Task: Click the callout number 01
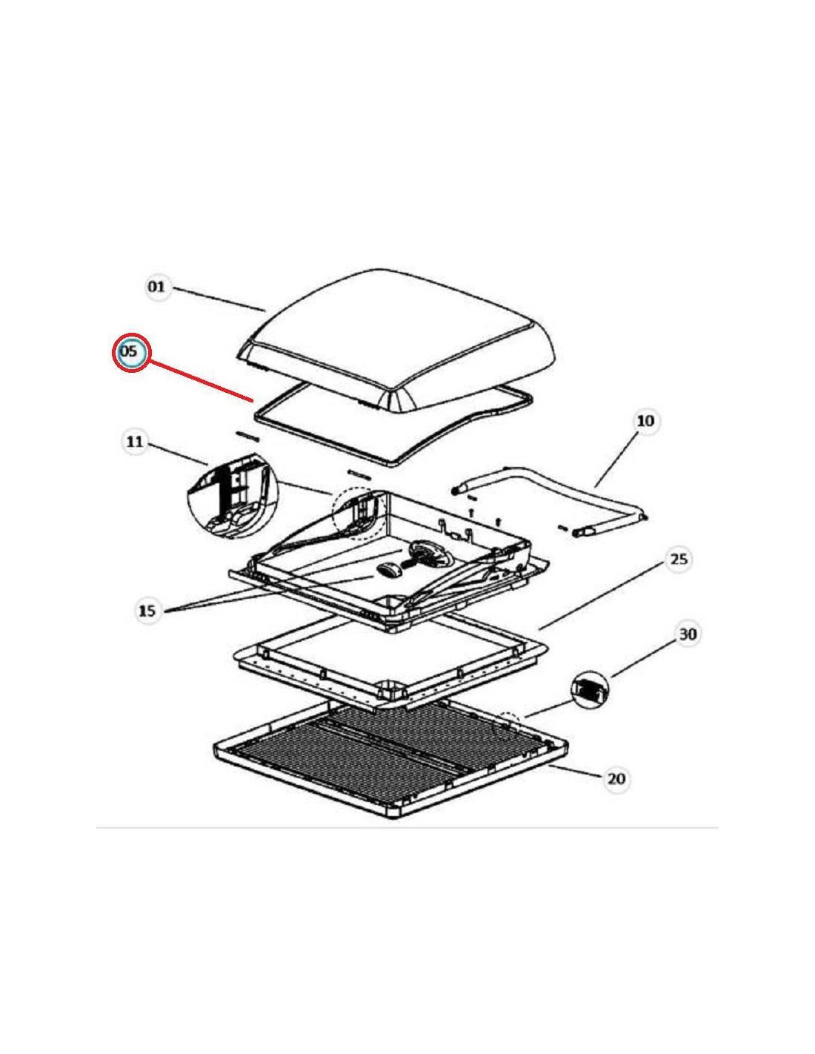click(x=156, y=287)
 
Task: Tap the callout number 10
click(x=645, y=420)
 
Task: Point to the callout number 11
click(x=134, y=442)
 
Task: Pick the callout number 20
click(x=616, y=778)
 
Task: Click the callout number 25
click(x=679, y=560)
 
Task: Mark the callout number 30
click(x=688, y=634)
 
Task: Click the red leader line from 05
click(x=199, y=381)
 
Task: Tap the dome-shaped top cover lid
click(x=396, y=339)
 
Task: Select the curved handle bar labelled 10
click(x=550, y=500)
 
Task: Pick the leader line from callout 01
click(x=218, y=299)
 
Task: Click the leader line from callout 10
click(x=620, y=460)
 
